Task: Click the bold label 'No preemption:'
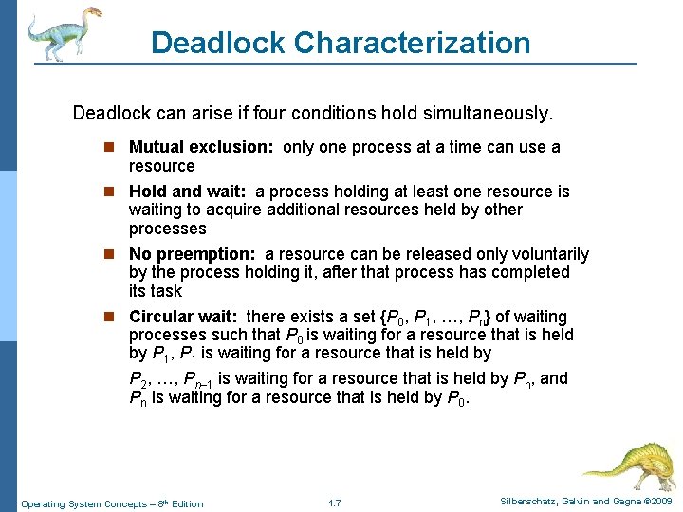[193, 254]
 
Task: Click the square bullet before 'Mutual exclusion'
[112, 148]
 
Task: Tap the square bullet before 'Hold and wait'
[112, 192]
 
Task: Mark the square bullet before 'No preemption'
[112, 255]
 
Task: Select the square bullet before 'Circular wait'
[112, 318]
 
